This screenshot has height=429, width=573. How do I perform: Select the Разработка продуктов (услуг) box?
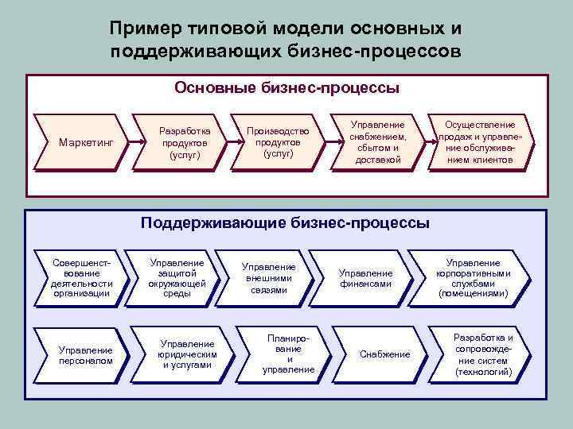click(x=185, y=142)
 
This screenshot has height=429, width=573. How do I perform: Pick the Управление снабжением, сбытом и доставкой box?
click(x=377, y=142)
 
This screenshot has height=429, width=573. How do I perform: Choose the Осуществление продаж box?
click(x=480, y=142)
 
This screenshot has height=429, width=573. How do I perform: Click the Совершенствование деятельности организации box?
click(x=81, y=277)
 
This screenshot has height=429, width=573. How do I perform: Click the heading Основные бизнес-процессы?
click(x=286, y=87)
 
